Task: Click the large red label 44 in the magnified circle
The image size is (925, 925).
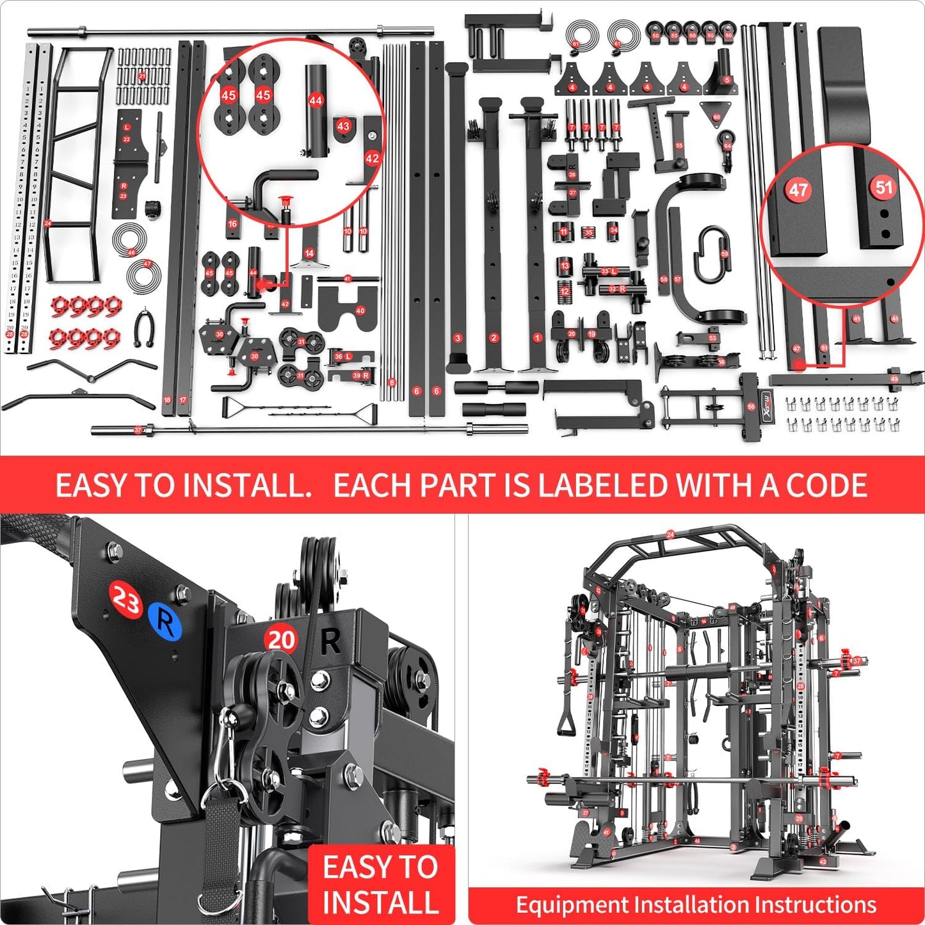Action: pyautogui.click(x=316, y=101)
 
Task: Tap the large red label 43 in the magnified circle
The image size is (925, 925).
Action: pyautogui.click(x=344, y=126)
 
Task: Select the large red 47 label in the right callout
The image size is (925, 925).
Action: pyautogui.click(x=798, y=189)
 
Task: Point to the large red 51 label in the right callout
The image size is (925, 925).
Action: pyautogui.click(x=884, y=187)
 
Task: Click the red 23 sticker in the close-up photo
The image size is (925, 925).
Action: pyautogui.click(x=125, y=600)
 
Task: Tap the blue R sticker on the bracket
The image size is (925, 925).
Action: pyautogui.click(x=165, y=621)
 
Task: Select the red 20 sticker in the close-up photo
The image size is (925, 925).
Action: pyautogui.click(x=281, y=639)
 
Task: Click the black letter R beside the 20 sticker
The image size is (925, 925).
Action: pyautogui.click(x=330, y=641)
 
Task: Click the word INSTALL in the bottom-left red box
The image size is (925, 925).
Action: pyautogui.click(x=380, y=901)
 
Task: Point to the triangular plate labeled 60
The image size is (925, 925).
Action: pyautogui.click(x=716, y=114)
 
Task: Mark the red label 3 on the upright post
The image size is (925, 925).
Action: pyautogui.click(x=457, y=338)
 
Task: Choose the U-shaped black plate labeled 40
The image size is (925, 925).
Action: pyautogui.click(x=346, y=309)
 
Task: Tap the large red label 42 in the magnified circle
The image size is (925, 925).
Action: pyautogui.click(x=372, y=158)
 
